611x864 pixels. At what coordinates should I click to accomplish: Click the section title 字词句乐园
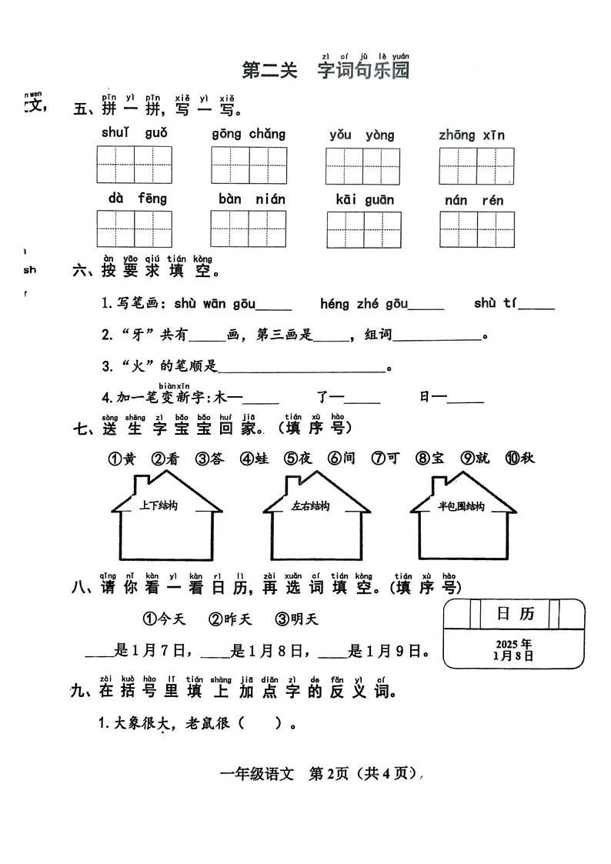click(x=363, y=71)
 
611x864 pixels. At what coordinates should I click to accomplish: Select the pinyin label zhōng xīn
click(x=472, y=135)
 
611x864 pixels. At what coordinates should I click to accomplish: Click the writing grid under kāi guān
click(x=364, y=229)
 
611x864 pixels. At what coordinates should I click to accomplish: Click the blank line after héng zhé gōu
click(x=426, y=305)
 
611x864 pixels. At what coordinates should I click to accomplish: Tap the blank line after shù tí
click(x=536, y=305)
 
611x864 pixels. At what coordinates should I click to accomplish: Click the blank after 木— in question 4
click(x=261, y=399)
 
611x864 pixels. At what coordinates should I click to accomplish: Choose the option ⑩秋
click(x=519, y=459)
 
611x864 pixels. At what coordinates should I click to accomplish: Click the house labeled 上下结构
click(x=167, y=523)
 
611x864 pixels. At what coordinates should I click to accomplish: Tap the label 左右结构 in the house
click(x=311, y=506)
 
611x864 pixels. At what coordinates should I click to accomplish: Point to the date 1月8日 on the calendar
click(x=513, y=656)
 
